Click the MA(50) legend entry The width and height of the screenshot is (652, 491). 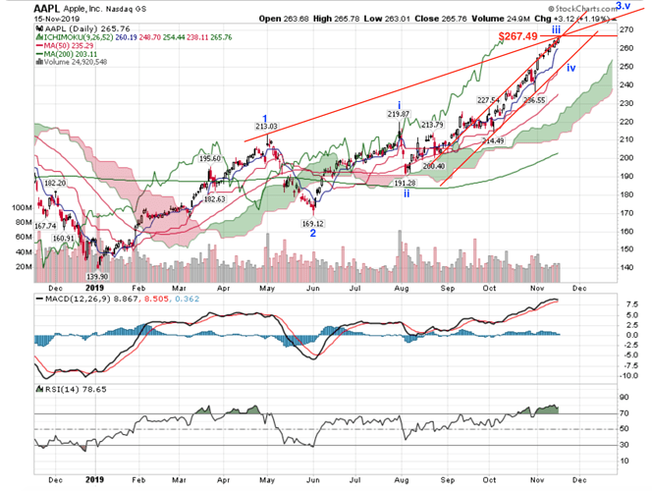(67, 45)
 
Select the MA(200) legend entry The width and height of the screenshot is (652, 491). (69, 54)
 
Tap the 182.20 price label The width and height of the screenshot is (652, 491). (54, 184)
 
